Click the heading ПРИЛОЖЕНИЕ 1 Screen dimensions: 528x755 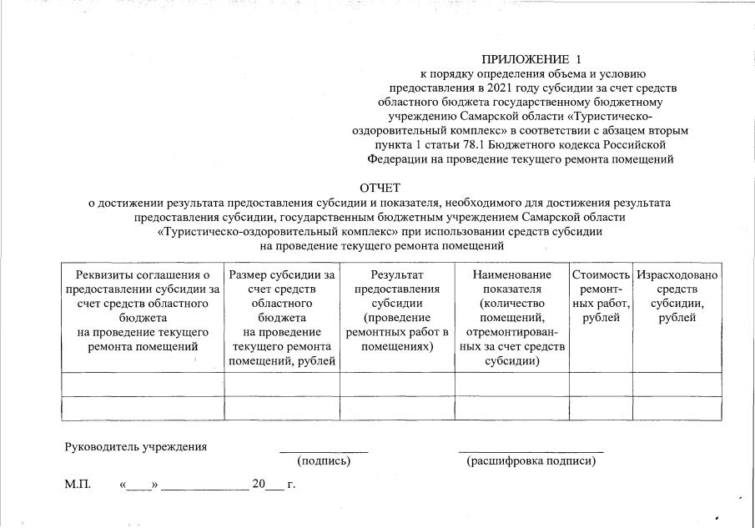pyautogui.click(x=530, y=59)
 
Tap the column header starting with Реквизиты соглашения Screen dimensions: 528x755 pyautogui.click(x=143, y=310)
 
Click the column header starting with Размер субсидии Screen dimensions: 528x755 pyautogui.click(x=282, y=318)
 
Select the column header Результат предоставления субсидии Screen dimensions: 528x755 pyautogui.click(x=397, y=310)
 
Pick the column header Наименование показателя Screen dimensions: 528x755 pyautogui.click(x=512, y=318)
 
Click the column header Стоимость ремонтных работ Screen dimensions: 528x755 pyautogui.click(x=601, y=296)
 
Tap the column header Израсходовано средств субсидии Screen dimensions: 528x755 pyautogui.click(x=677, y=296)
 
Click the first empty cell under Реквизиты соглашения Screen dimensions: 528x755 pyautogui.click(x=143, y=384)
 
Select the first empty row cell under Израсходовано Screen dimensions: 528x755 pyautogui.click(x=677, y=384)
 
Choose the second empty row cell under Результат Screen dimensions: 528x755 pyautogui.click(x=397, y=408)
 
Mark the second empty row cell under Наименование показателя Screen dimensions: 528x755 pyautogui.click(x=512, y=408)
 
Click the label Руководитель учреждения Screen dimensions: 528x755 pyautogui.click(x=136, y=446)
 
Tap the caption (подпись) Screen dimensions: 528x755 pyautogui.click(x=324, y=460)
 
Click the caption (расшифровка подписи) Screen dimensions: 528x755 pyautogui.click(x=531, y=460)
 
